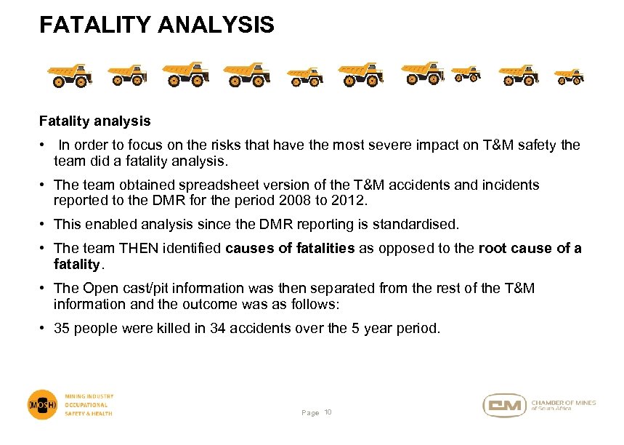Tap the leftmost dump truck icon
70,75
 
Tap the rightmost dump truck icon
569,76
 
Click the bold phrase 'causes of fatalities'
290,249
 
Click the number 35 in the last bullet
62,328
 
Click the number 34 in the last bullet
218,328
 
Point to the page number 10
328,412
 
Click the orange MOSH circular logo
42,404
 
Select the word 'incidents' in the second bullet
512,185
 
